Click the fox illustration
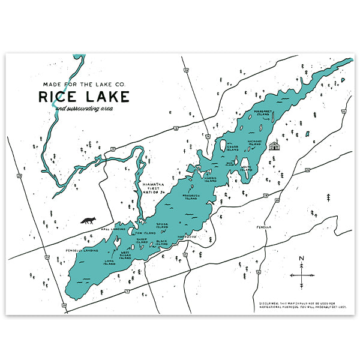[x=88, y=221]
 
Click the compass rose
[x=302, y=274]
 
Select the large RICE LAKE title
[x=83, y=96]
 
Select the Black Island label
[x=162, y=243]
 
